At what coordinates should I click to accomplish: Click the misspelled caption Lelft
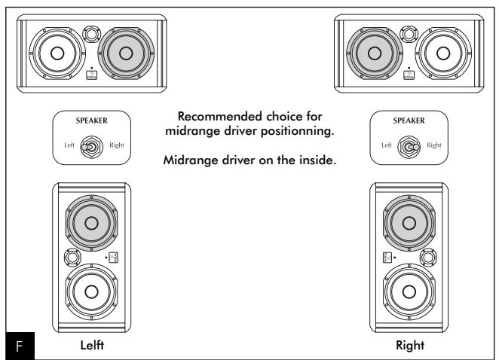click(x=91, y=346)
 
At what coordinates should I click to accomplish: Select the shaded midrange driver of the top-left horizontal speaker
click(x=124, y=53)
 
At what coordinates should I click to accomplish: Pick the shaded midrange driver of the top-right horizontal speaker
click(x=374, y=53)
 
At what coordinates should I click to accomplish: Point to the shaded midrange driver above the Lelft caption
click(x=90, y=223)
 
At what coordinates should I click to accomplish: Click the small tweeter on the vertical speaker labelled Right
click(x=427, y=259)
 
